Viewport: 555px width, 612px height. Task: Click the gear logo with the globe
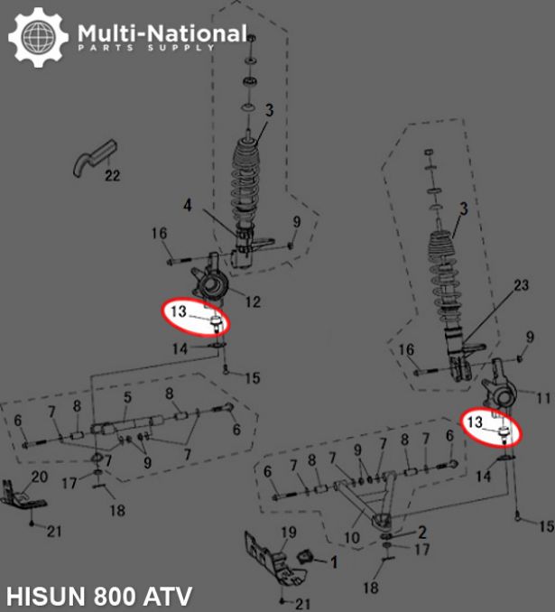[38, 37]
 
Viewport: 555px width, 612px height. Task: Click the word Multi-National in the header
[162, 33]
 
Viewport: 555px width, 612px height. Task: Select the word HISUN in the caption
[46, 596]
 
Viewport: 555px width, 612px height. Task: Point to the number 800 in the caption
[115, 596]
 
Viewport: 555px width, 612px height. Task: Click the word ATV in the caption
[168, 596]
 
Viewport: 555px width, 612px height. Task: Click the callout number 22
[112, 175]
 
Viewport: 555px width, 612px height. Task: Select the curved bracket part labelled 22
[96, 158]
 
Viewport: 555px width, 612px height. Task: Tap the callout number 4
[188, 205]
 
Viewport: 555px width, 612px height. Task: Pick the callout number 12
[253, 301]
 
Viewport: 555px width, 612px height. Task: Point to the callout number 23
[521, 285]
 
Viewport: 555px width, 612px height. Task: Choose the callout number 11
[543, 398]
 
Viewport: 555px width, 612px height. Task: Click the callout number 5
[127, 397]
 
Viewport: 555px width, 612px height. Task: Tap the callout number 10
[352, 537]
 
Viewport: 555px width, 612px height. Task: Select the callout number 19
[289, 533]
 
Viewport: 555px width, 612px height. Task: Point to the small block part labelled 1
[306, 556]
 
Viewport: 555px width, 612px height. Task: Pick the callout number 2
[422, 532]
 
